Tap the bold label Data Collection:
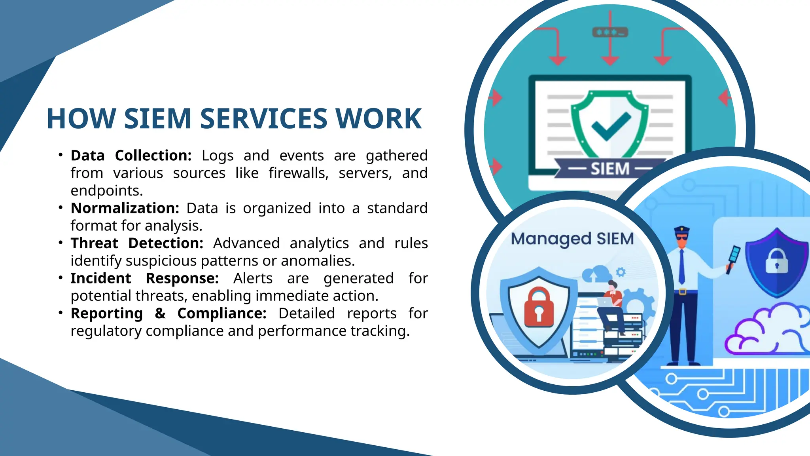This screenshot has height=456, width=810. pos(131,156)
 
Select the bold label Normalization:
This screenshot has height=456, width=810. pos(125,208)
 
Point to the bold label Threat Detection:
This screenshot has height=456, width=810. pos(137,243)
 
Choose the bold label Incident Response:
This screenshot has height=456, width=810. pos(144,278)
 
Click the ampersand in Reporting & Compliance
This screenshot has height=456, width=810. pos(160,313)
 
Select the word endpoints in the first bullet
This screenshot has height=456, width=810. pos(106,191)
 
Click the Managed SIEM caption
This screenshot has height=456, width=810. pos(572,239)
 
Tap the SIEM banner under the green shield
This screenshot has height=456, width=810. pos(610,169)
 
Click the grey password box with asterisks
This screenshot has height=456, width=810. pos(610,32)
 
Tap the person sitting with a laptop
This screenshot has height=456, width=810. pos(611,305)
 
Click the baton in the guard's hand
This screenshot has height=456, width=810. pos(732,259)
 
